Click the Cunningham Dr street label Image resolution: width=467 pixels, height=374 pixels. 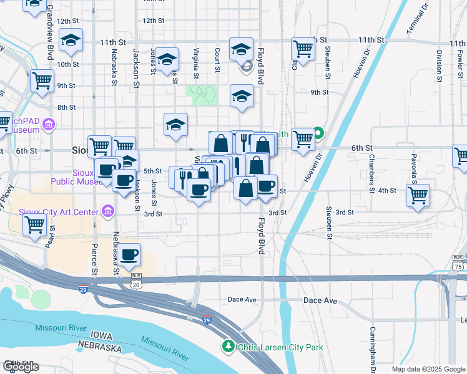(373, 350)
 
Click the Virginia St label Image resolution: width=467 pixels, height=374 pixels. (197, 64)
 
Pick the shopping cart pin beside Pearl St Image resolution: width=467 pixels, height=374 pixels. (34, 224)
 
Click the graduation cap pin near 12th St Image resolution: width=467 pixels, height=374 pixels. (71, 41)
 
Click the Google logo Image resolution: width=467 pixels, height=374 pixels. (21, 367)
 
